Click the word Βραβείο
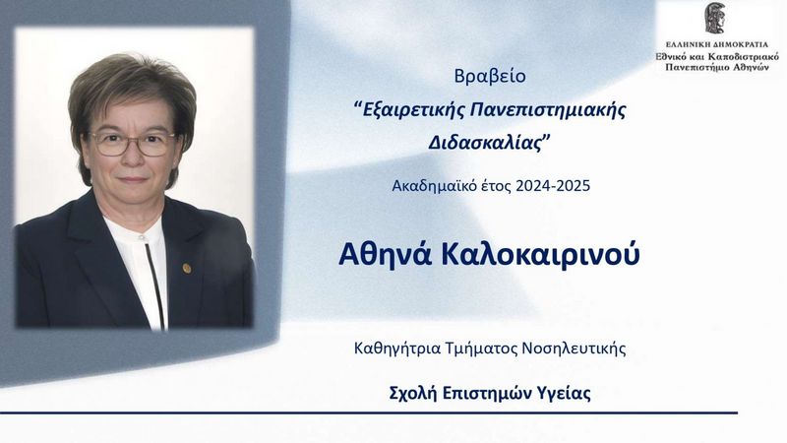490,77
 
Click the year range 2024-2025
553,186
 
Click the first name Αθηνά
385,254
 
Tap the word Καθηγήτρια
397,348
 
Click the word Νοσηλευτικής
574,348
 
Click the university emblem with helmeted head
717,18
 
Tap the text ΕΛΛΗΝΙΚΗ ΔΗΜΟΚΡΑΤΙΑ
717,44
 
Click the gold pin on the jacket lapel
187,268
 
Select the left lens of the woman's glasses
109,144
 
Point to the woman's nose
133,155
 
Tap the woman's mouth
133,179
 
